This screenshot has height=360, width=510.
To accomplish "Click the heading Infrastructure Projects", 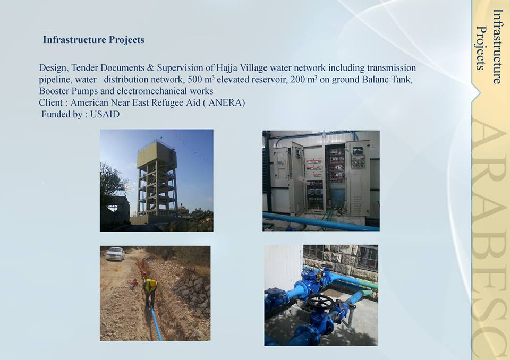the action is (x=93, y=40).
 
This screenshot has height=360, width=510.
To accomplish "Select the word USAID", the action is (x=105, y=114).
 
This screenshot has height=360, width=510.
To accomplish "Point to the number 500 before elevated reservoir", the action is (x=194, y=79).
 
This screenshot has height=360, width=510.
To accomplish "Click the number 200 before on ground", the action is (x=297, y=79).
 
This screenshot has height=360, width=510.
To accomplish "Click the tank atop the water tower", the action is (x=157, y=155).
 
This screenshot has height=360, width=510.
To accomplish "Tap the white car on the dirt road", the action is (x=115, y=254).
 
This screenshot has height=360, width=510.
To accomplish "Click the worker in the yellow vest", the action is (x=150, y=292).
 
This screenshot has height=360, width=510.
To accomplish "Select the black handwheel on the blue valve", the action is (x=320, y=302).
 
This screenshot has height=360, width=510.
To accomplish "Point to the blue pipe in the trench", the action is (x=156, y=322).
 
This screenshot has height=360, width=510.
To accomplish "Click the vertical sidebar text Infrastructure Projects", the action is (x=490, y=46).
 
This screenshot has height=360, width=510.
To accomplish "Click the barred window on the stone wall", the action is (x=366, y=258).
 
